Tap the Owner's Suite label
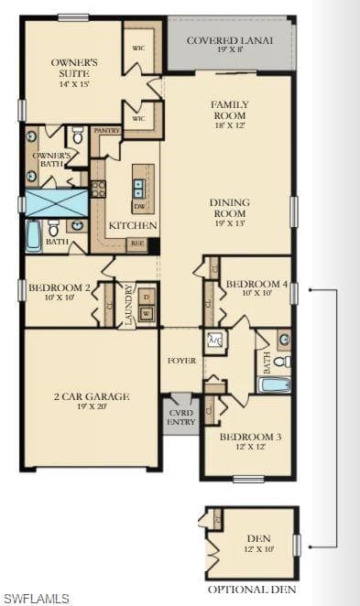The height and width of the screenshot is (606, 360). pos(73,69)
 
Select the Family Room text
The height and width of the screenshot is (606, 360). pos(229,111)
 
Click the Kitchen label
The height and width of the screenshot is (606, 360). pos(133,225)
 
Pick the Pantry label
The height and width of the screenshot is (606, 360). pos(107,131)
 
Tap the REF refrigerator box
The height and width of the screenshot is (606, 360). pos(136,243)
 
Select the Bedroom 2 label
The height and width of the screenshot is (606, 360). pos(60,293)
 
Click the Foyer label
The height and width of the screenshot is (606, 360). pos(181,361)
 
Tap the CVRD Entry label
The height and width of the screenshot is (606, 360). pos(181,416)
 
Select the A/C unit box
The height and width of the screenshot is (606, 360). pos(215,341)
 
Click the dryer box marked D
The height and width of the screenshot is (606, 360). pos(146,297)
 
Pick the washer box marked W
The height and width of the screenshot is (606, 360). pos(146,314)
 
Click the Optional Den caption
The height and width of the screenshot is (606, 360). pos(251,589)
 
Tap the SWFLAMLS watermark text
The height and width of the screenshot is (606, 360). pos(37,599)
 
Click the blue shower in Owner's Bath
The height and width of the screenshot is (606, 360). pos(56,201)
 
